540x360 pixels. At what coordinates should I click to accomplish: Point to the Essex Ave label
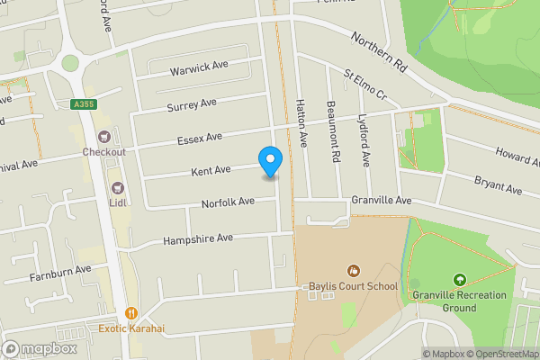199,139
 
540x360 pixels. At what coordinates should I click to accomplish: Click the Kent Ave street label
211,169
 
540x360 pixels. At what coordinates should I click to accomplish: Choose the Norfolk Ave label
228,202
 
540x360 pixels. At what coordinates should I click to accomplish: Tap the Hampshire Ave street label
198,238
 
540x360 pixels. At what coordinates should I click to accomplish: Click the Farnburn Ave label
59,270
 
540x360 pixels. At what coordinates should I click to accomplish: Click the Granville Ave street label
381,200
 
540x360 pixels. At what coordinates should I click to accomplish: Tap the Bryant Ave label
499,184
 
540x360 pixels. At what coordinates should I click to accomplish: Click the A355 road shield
84,104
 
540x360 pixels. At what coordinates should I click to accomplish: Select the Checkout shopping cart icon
103,137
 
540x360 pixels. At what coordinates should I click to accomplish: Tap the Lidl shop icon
116,187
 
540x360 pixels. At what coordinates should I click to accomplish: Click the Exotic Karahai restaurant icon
131,313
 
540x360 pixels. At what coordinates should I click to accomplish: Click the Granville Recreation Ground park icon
460,280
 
